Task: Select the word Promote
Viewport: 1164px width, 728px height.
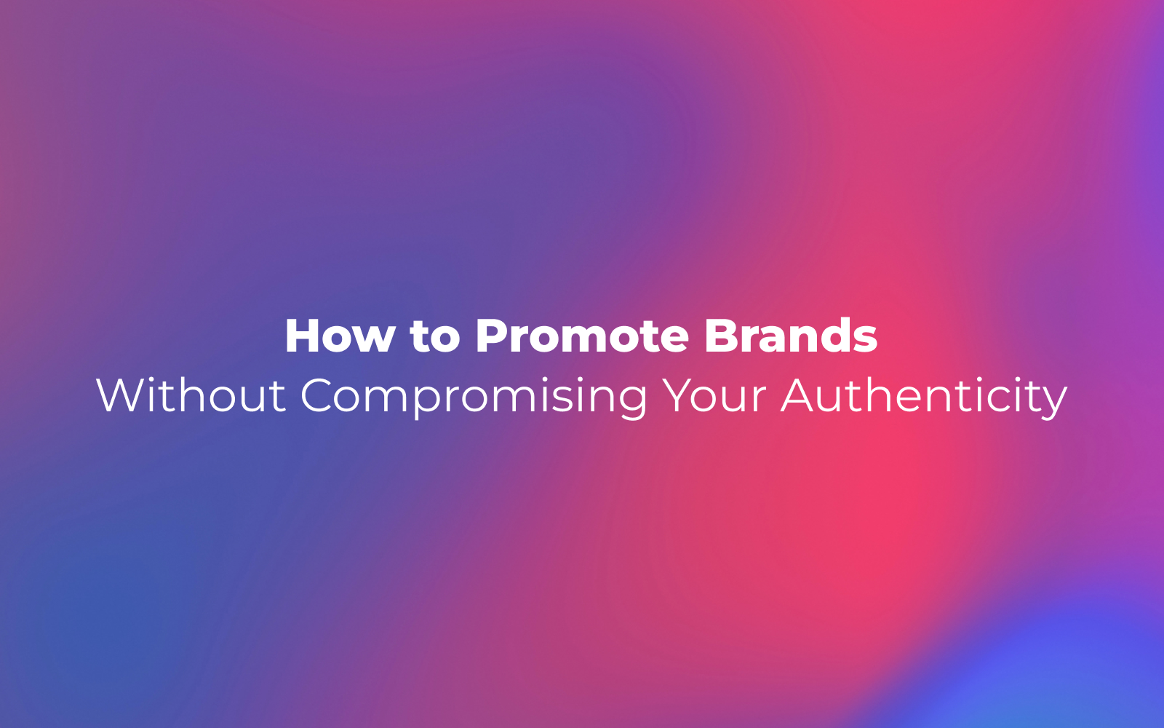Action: click(x=582, y=336)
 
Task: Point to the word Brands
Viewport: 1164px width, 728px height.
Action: click(x=791, y=336)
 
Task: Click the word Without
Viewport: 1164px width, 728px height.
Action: click(x=191, y=395)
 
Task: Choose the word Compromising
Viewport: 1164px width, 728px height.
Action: click(x=474, y=397)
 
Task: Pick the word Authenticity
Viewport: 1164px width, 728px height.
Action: click(x=924, y=397)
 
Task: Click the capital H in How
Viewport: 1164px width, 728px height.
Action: click(x=303, y=336)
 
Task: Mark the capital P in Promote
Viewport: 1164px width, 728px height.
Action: click(x=492, y=336)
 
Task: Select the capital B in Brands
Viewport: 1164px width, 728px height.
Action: click(x=721, y=336)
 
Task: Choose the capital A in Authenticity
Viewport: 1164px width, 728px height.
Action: click(x=798, y=396)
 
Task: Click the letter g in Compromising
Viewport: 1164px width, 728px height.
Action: click(x=634, y=403)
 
